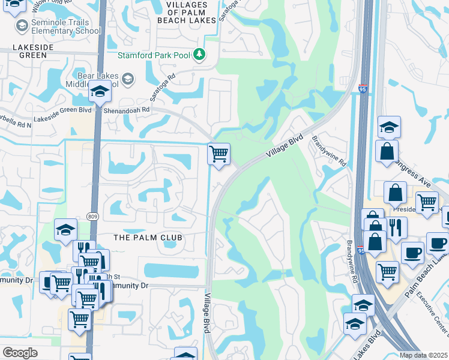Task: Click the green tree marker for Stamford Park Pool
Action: pos(200,55)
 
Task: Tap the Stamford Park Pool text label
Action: pos(154,56)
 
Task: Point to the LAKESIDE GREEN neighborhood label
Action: pos(27,51)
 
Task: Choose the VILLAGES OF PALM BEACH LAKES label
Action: pos(186,12)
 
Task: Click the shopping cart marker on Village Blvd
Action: pos(219,154)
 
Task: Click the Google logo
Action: pos(20,353)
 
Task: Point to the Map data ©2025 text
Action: pos(424,355)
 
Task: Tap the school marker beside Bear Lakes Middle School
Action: pos(100,92)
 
